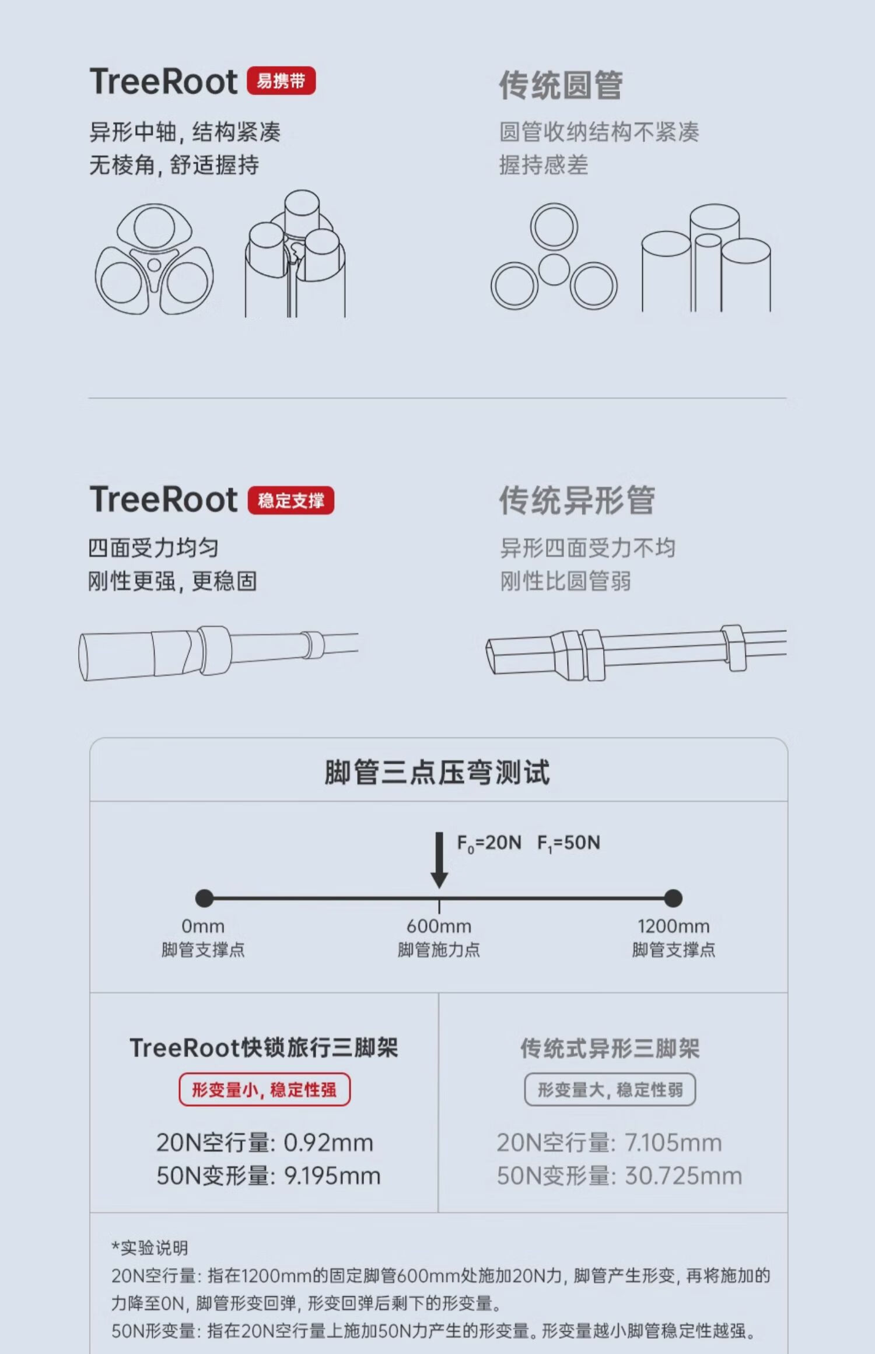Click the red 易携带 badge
coord(281,80)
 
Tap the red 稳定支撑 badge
coord(291,500)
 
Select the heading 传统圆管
coord(561,85)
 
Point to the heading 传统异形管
coord(577,500)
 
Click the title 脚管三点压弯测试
coord(437,772)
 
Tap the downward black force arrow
coord(439,860)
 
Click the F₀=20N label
coord(489,843)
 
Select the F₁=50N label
coord(568,843)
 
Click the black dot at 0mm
coord(204,898)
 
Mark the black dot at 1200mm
coord(673,898)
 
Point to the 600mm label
coord(439,926)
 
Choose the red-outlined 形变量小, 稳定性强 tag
coord(264,1089)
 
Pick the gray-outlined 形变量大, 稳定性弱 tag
coord(610,1089)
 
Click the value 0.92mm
coord(328,1143)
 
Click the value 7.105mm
coord(673,1143)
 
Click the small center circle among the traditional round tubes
coord(554,269)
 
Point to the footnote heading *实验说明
coord(150,1248)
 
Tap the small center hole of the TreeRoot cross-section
coord(154,265)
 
